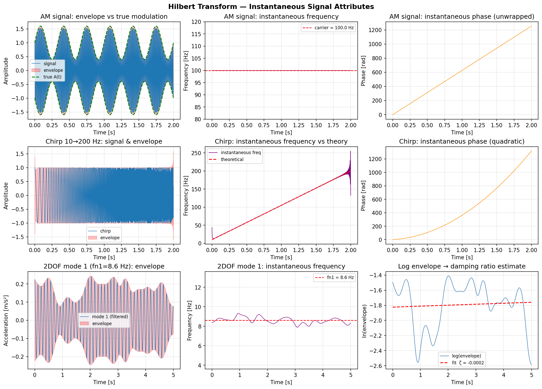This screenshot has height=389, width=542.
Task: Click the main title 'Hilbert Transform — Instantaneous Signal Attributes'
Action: [x=271, y=7]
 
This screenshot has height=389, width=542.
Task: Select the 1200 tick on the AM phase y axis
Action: [x=375, y=30]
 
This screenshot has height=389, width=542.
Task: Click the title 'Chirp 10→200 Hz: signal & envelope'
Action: [x=104, y=142]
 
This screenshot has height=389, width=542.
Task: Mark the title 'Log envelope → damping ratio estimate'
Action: [x=462, y=266]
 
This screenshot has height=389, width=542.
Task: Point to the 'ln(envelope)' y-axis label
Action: [x=364, y=321]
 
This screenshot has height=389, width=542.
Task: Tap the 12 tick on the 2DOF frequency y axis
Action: [x=198, y=287]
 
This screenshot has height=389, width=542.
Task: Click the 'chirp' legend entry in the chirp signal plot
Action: [x=105, y=231]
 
